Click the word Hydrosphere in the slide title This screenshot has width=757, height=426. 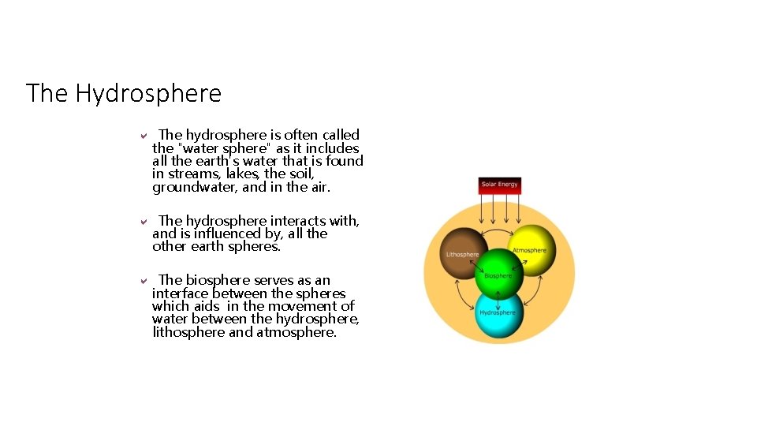[148, 94]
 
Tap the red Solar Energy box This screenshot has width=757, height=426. [500, 185]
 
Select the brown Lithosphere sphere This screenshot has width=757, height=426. [462, 252]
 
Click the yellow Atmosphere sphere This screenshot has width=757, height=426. [533, 248]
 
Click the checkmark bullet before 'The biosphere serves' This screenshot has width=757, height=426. [144, 281]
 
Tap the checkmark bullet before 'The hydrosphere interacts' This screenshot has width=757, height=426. [144, 222]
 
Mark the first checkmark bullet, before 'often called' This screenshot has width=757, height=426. [144, 136]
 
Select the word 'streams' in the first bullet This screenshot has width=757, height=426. [193, 174]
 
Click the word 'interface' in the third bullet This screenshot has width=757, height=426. [181, 293]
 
